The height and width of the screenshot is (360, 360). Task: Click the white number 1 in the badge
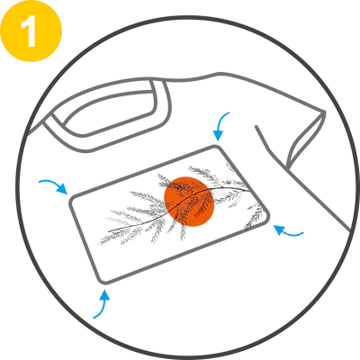(x=30, y=31)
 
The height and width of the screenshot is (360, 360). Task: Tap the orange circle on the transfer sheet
(x=189, y=202)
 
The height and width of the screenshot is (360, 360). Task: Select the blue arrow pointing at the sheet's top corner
(x=221, y=126)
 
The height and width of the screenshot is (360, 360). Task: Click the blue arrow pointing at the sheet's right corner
(x=289, y=230)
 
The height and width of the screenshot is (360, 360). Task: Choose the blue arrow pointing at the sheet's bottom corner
(x=102, y=303)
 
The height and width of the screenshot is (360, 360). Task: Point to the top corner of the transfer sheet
(x=217, y=147)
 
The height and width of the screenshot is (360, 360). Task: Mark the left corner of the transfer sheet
(x=71, y=200)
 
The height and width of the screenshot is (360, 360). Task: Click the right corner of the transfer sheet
(x=267, y=214)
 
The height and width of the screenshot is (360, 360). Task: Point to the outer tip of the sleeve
(x=324, y=112)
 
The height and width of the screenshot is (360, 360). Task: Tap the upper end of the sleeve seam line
(x=256, y=127)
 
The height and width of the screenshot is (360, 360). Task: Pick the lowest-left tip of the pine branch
(x=100, y=244)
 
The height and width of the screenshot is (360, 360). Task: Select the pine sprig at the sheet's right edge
(x=255, y=216)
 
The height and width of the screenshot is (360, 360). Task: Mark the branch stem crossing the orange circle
(x=188, y=199)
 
